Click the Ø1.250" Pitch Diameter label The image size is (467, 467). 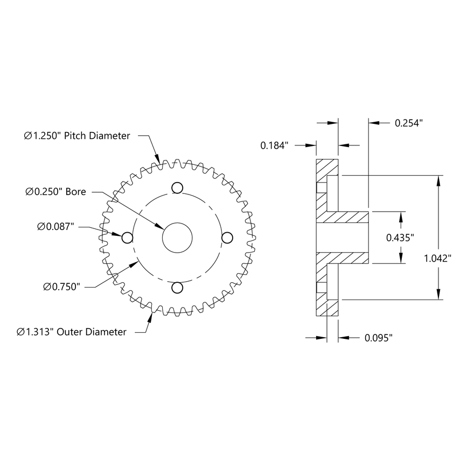77,136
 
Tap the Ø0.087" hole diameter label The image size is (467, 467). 56,227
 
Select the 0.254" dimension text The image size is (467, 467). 409,123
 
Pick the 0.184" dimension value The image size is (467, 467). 275,145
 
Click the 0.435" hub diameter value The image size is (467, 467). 400,237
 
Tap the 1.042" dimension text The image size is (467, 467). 437,259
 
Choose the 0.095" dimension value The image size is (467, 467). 379,338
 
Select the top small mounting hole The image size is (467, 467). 176,187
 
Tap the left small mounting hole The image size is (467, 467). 128,238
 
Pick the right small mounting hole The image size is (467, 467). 226,238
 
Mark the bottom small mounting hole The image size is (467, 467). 176,288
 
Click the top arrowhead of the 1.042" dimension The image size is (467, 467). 440,180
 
